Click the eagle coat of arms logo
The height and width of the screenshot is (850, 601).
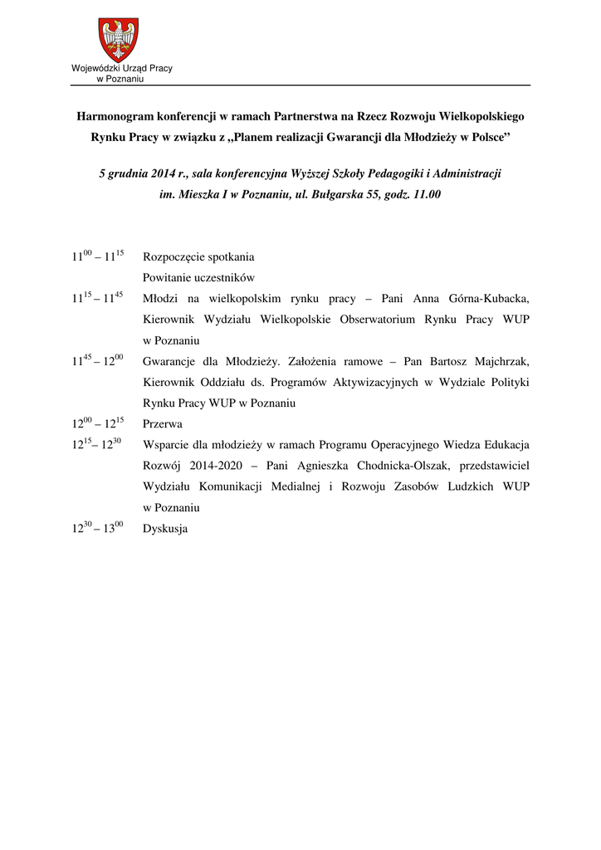coord(119,39)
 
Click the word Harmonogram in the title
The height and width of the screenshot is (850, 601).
coord(114,118)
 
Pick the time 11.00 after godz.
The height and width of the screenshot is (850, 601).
coord(426,194)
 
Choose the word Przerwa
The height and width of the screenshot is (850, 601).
coord(162,423)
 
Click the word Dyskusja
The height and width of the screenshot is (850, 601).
coord(165,527)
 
